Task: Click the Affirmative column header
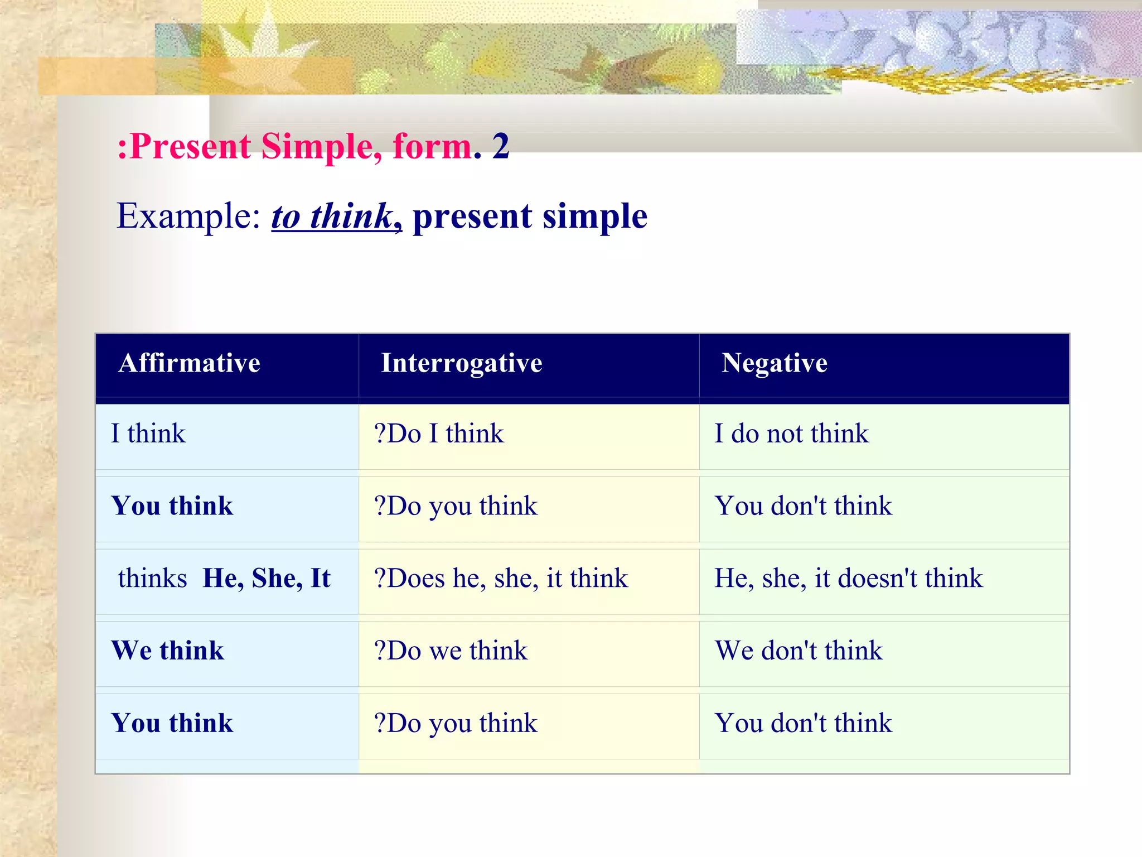[189, 363]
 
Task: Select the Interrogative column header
[461, 363]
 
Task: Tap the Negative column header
[774, 363]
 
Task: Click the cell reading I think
[148, 434]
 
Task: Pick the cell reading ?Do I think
[439, 434]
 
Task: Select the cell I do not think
[791, 434]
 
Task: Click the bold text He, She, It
[267, 578]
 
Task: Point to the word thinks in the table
[152, 578]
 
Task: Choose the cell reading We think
[167, 651]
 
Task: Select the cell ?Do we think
[451, 651]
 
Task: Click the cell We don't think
[799, 651]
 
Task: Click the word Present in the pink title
[190, 147]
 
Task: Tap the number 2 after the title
[500, 146]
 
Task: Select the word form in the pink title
[432, 147]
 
